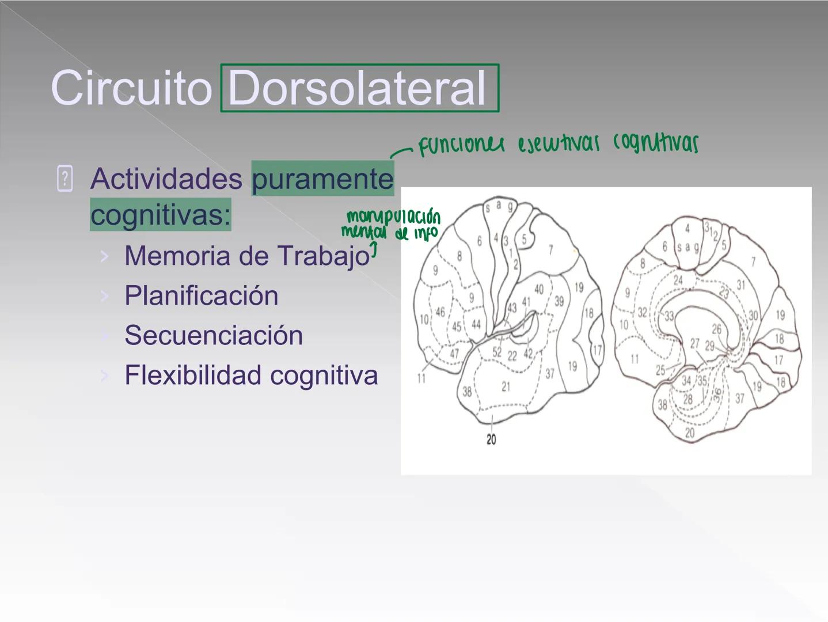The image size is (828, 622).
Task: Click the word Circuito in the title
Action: click(x=131, y=88)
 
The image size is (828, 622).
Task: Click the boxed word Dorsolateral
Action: click(x=358, y=88)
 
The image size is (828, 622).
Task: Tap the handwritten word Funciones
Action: click(x=461, y=145)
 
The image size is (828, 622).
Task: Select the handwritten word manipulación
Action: click(x=394, y=217)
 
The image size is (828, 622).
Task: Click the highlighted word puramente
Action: click(x=322, y=179)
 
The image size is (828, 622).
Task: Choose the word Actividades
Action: click(x=166, y=179)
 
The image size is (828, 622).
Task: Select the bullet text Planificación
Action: click(x=201, y=295)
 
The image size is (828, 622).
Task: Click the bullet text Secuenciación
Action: click(x=213, y=335)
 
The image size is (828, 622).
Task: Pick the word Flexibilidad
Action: click(x=193, y=375)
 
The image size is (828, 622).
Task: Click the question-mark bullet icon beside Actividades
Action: click(x=65, y=178)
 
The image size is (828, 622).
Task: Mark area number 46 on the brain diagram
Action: click(x=440, y=312)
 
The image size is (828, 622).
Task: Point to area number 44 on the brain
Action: click(x=476, y=324)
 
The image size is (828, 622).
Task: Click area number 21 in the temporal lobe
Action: click(x=506, y=386)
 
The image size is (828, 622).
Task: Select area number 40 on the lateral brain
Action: click(x=539, y=289)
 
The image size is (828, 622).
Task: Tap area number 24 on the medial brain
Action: click(x=678, y=280)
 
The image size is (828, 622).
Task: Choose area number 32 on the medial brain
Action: click(x=642, y=313)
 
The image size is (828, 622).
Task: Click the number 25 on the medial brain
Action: click(x=660, y=370)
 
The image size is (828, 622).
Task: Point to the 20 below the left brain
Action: click(x=491, y=439)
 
